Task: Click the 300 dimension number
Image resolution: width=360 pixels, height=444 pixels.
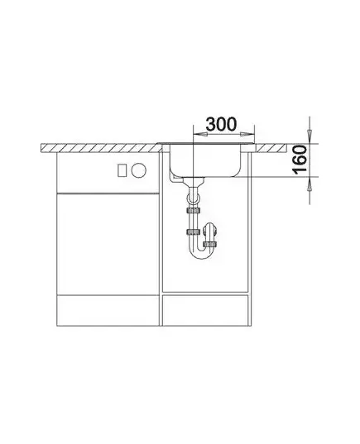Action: [x=221, y=124]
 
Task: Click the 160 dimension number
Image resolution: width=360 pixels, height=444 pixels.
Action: [x=300, y=160]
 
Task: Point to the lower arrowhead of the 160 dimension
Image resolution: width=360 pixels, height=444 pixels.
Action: [x=310, y=184]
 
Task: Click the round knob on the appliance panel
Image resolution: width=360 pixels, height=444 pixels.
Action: [x=139, y=170]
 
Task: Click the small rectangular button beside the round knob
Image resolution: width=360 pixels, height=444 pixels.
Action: [x=122, y=170]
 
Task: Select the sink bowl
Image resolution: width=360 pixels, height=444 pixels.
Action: [x=205, y=160]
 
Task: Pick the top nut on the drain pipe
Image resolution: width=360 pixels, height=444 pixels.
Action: [x=194, y=211]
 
